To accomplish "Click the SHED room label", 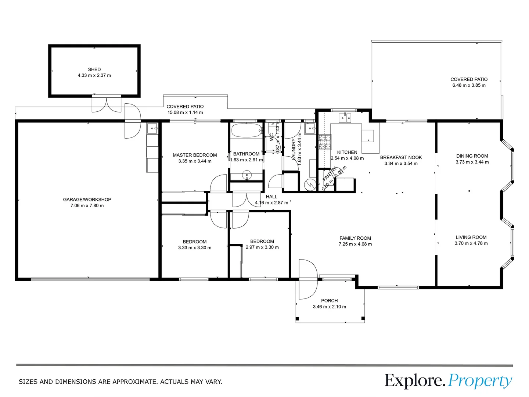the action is pos(94,69).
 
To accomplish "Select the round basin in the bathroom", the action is pos(247,175).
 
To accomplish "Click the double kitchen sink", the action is pos(345,118).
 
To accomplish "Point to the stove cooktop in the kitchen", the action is pos(325,143).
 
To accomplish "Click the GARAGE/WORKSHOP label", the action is pos(87,200).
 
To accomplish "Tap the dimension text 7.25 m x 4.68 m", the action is pos(355,244).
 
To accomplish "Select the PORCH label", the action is pos(329,301).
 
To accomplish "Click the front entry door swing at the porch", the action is pos(308,279).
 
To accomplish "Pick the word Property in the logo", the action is pos(480,381).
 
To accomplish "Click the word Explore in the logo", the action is pos(414,381).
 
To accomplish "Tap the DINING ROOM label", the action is pos(472,156).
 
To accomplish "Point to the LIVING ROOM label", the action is pos(471,237).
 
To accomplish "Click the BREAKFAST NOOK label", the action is pos(401,158).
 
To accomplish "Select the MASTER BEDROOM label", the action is pos(195,155).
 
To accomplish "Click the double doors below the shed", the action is pos(106,104).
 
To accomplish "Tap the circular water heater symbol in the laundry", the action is pos(310,185).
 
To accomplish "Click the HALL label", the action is pos(271,197).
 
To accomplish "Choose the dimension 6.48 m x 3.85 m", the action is pos(469,85).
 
